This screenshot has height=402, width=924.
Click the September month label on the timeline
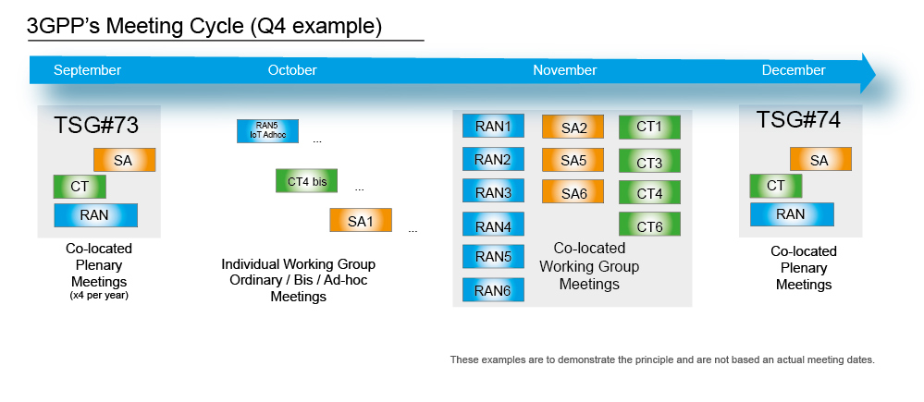(87, 70)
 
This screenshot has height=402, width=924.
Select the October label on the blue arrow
(292, 70)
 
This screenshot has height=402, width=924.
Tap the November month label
(564, 70)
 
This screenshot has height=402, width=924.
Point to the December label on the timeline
(793, 70)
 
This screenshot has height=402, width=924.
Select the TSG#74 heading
(798, 120)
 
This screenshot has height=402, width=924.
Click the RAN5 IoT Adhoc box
(267, 131)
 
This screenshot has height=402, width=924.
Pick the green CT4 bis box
(306, 181)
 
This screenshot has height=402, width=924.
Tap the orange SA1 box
(361, 221)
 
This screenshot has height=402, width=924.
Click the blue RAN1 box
(493, 127)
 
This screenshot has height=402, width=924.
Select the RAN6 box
(493, 290)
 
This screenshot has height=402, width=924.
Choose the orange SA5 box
(573, 160)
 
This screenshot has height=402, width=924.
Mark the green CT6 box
(649, 225)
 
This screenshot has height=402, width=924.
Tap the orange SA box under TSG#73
(124, 161)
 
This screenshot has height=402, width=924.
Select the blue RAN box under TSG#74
(790, 214)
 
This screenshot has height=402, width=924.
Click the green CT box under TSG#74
(775, 187)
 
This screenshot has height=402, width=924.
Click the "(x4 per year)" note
(98, 296)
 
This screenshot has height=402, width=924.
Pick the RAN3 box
(493, 192)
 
